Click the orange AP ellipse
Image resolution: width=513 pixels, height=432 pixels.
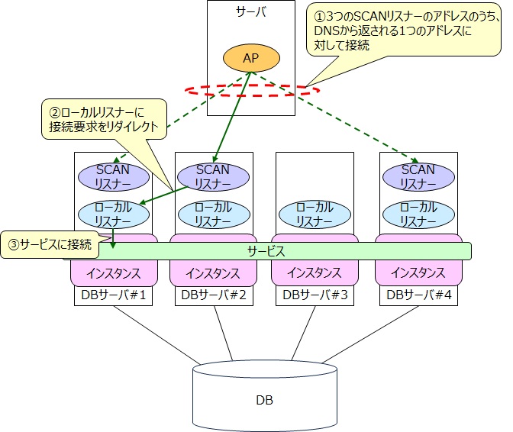(251, 58)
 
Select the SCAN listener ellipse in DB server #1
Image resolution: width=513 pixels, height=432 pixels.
(114, 177)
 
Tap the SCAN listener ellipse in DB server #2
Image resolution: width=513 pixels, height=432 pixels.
(213, 177)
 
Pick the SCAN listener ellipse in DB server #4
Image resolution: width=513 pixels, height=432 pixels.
(418, 177)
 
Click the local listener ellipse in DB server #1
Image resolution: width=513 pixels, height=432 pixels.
(114, 214)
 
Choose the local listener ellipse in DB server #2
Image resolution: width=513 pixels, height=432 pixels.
(214, 214)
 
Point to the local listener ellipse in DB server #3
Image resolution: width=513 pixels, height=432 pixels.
(315, 214)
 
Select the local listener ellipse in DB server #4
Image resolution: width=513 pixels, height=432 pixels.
(418, 214)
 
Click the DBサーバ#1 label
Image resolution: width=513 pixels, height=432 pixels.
(113, 295)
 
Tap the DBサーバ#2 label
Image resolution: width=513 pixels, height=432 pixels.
(214, 295)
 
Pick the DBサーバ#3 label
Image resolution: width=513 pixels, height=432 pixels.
(315, 295)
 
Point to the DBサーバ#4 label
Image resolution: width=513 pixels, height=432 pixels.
(419, 295)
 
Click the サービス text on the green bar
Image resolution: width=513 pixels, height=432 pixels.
(266, 251)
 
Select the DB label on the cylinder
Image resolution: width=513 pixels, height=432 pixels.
(264, 400)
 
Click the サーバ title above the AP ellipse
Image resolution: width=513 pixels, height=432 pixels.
(251, 11)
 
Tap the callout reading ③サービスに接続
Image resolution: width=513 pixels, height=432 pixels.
(50, 244)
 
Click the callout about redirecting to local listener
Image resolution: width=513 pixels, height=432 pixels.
(104, 119)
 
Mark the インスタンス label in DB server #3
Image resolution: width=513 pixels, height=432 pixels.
(315, 272)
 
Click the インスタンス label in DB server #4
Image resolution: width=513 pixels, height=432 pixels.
(418, 272)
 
